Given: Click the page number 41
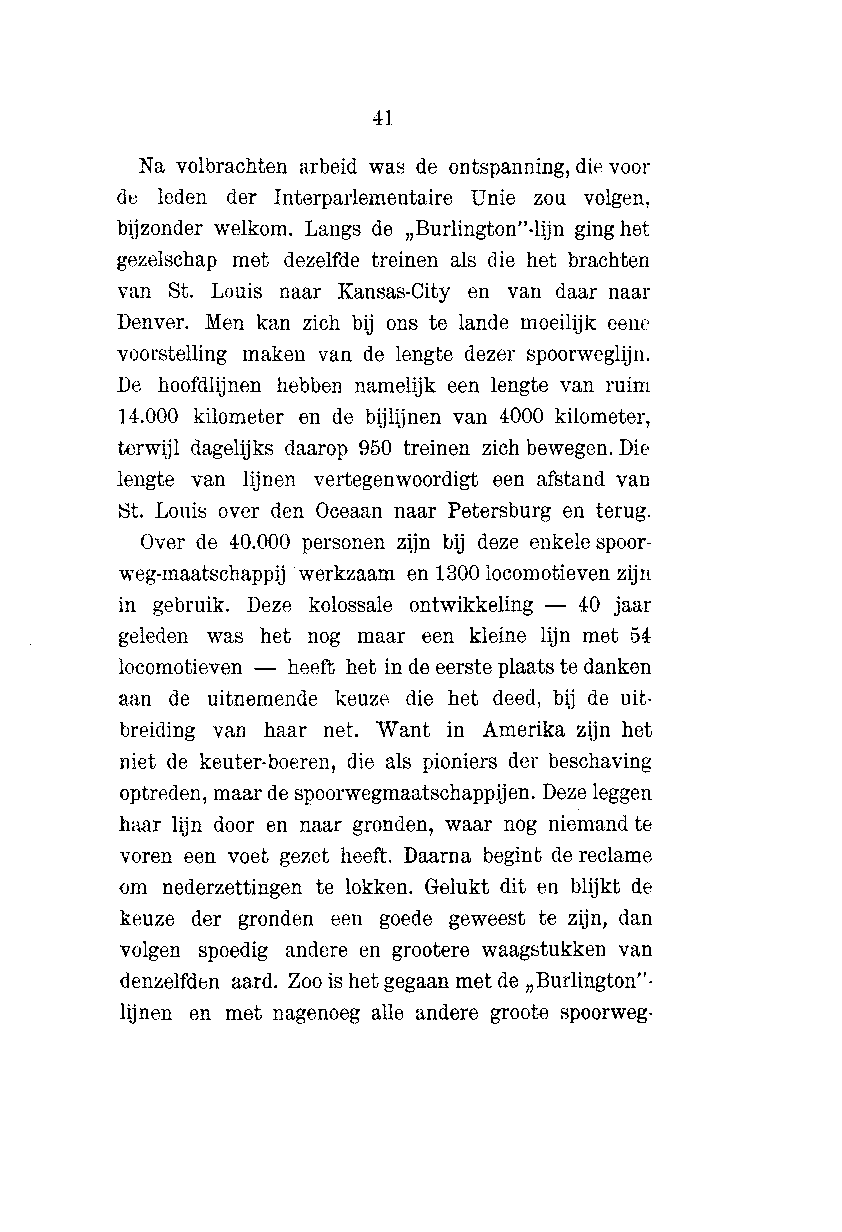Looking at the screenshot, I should [x=382, y=117].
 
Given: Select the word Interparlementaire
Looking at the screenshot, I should [x=363, y=198].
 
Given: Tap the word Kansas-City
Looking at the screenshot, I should [x=393, y=292].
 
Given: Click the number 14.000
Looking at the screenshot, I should [x=147, y=417].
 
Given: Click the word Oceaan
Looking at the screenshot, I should [x=348, y=511].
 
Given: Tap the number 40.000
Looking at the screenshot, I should [x=260, y=543].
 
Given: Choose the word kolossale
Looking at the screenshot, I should [x=350, y=605].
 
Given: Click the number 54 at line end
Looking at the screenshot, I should [x=640, y=636].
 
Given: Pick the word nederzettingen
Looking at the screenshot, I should [x=232, y=887].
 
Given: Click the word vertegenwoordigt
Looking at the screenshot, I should [x=396, y=480].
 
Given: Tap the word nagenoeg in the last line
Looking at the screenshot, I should [x=316, y=1013].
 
